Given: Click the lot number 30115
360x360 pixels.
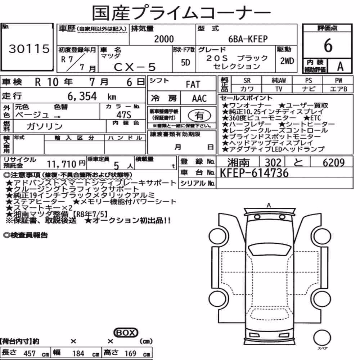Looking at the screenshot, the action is pyautogui.click(x=29, y=49).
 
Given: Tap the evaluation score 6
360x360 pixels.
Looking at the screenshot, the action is pyautogui.click(x=328, y=45).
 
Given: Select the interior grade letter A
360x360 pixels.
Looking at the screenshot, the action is pyautogui.click(x=340, y=67).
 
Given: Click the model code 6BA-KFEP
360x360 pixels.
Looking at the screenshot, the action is pyautogui.click(x=248, y=39).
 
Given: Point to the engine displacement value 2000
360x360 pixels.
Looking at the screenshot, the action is pyautogui.click(x=164, y=39).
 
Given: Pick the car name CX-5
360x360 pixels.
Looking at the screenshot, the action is pyautogui.click(x=135, y=67).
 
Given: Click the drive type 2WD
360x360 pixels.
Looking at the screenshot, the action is pyautogui.click(x=287, y=61).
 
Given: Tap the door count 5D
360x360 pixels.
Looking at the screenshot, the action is pyautogui.click(x=185, y=62).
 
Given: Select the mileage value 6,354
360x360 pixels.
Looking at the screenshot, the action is pyautogui.click(x=82, y=96).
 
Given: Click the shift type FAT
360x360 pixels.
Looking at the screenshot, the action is pyautogui.click(x=193, y=85).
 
